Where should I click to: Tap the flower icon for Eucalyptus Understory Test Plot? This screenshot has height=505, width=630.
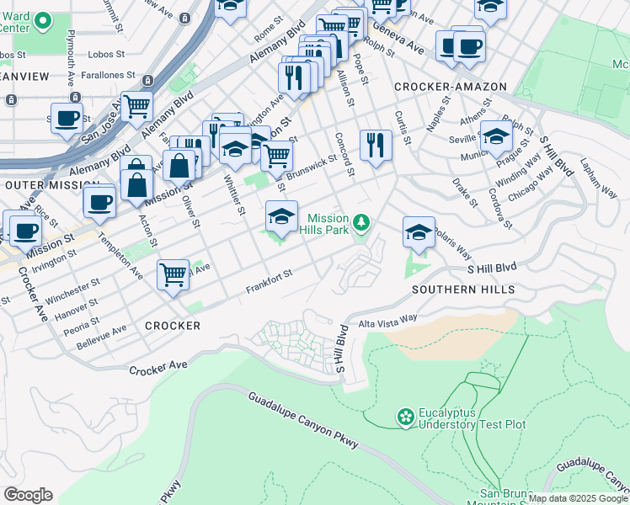tap(406, 417)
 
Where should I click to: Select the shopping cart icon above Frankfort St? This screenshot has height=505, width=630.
tap(173, 274)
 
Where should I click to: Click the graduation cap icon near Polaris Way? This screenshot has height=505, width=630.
tap(419, 232)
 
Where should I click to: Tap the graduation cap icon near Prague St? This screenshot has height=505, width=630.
tap(497, 136)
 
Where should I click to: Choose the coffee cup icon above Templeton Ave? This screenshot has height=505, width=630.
tap(99, 202)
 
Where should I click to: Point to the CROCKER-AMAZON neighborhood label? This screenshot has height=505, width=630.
tap(450, 87)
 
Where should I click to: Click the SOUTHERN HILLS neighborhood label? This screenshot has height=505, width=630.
tap(463, 290)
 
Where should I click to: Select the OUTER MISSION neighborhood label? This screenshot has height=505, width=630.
tap(47, 184)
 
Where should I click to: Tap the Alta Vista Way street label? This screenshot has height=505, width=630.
tap(388, 320)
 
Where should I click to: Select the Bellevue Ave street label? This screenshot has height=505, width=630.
tap(97, 335)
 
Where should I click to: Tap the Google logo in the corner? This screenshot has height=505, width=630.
tap(28, 495)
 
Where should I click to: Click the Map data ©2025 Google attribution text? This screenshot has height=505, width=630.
tap(578, 498)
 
